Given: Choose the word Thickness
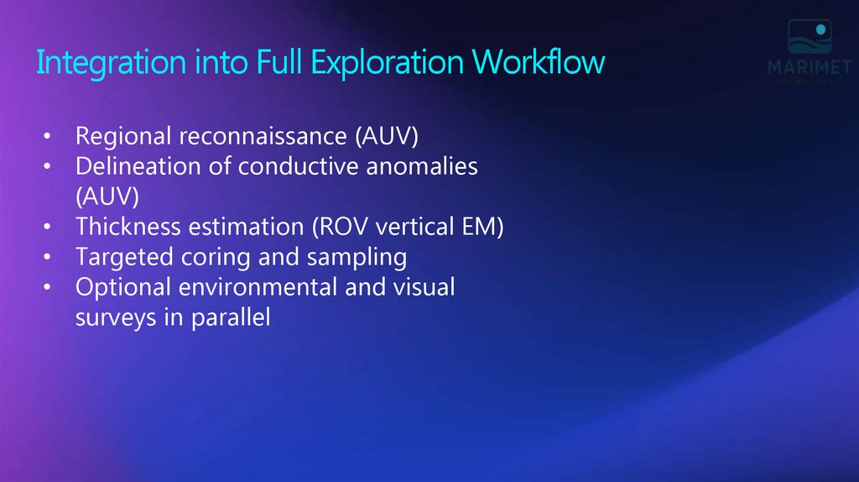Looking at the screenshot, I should (x=123, y=227).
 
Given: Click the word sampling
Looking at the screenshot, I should (x=358, y=257).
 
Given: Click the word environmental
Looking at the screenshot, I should (x=271, y=287).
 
